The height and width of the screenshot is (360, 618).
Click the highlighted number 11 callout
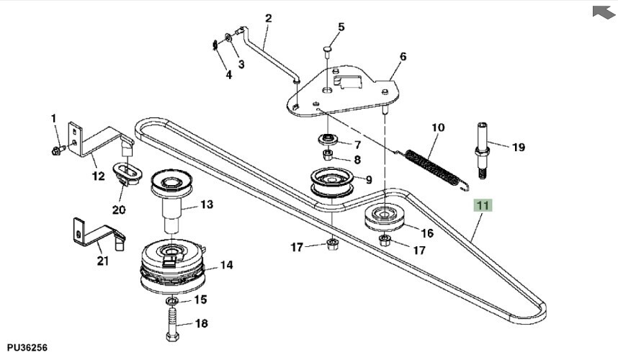coord(483,205)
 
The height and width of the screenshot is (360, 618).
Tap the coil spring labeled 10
coord(433,167)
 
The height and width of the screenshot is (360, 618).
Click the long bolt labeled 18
coord(172,324)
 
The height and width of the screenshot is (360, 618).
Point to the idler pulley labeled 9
coord(332,181)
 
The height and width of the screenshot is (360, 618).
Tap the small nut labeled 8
coord(328,156)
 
